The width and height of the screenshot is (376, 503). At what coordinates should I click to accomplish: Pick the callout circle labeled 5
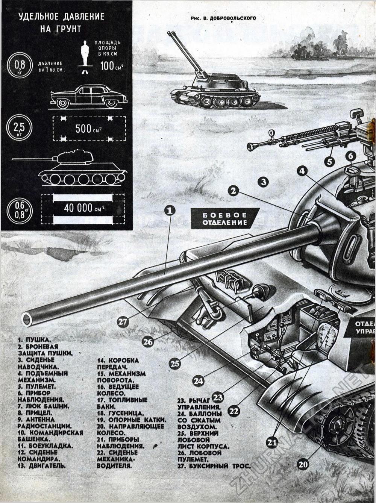329,161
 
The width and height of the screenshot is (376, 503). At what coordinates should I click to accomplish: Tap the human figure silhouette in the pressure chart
86,56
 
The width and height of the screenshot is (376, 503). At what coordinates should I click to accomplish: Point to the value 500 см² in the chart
89,129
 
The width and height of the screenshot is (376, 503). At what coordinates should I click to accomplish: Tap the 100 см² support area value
112,67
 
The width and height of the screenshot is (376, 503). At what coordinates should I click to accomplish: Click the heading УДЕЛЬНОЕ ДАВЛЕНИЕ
62,17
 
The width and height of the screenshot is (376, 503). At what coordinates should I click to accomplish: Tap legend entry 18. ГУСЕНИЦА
118,413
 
